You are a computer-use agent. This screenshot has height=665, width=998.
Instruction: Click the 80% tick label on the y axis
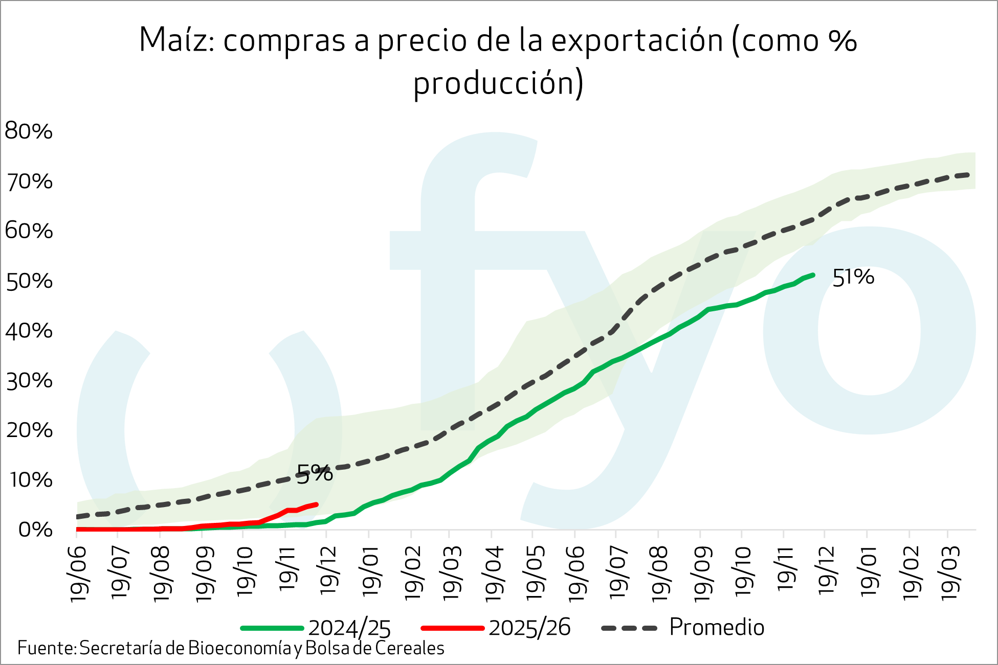[x=29, y=131]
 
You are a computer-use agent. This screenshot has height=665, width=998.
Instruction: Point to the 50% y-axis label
[x=29, y=281]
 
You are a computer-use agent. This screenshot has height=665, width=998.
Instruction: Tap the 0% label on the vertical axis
[x=35, y=530]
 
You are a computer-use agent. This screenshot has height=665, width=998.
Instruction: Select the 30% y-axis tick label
[x=29, y=381]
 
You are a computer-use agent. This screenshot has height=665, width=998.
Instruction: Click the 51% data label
[x=853, y=278]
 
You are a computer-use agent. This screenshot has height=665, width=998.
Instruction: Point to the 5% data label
[x=315, y=473]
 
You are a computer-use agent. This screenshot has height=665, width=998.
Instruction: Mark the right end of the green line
[x=813, y=275]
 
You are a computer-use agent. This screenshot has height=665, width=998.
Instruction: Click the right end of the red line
[x=317, y=505]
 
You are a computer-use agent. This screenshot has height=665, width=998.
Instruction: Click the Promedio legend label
[x=716, y=627]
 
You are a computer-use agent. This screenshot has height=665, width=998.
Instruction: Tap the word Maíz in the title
[x=176, y=40]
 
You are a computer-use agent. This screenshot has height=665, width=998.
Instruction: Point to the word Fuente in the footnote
[x=46, y=648]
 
